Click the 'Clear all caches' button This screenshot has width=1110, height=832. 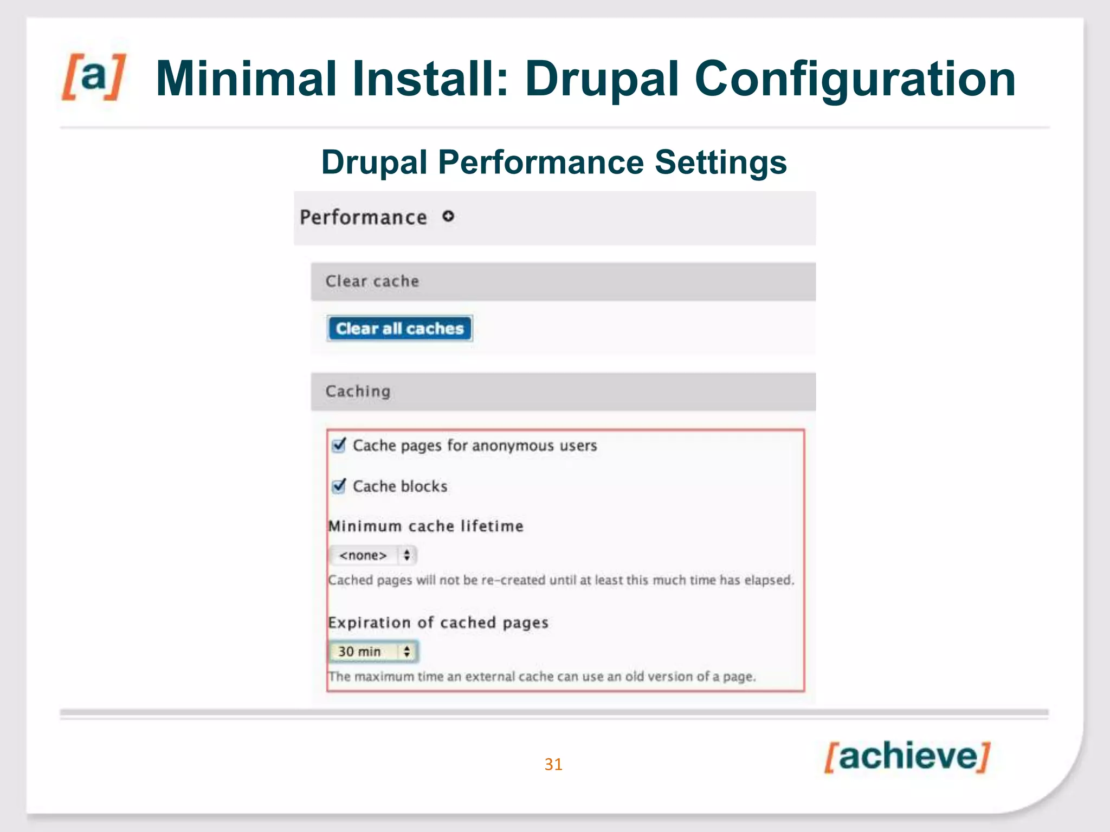coord(399,328)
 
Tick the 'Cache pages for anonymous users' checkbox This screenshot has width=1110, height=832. coord(339,445)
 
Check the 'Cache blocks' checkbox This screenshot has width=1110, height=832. coord(339,486)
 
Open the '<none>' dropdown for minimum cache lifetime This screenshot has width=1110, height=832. coord(373,555)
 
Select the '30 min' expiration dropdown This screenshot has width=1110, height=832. coord(373,652)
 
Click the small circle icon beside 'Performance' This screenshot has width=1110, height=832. coord(448,217)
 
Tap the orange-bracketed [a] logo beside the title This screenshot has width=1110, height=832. coord(94,77)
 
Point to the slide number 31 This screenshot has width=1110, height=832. coord(553,764)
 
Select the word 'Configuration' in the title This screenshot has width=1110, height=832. coord(855,79)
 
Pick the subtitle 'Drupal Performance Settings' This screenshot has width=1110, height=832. coord(554,162)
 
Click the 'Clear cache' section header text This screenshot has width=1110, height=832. coord(372,281)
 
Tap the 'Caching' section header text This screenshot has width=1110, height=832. coord(358,391)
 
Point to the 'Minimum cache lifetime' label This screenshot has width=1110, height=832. coord(426,526)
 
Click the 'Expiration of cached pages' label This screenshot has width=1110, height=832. coord(438,622)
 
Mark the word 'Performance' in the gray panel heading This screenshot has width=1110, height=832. coord(363,217)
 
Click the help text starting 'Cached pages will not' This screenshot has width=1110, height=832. coord(561,580)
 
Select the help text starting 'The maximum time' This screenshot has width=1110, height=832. coord(542,677)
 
